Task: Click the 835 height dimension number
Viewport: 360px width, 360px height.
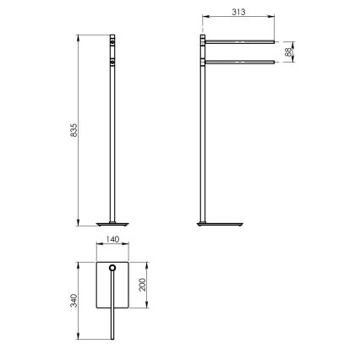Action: coord(74,132)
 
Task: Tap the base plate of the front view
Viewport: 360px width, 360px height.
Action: coord(112,225)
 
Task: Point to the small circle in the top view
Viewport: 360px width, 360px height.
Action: coord(112,270)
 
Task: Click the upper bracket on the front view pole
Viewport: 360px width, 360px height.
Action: coord(112,40)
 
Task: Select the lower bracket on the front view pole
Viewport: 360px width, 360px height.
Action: coord(112,61)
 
